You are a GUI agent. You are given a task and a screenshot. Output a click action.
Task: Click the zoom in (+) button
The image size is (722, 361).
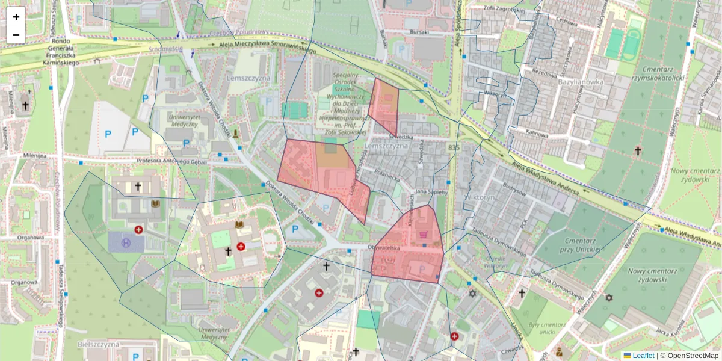pos(16,17)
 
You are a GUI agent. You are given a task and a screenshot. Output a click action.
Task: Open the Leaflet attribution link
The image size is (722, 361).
pos(643,356)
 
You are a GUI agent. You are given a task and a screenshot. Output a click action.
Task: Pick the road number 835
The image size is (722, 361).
pos(454,147)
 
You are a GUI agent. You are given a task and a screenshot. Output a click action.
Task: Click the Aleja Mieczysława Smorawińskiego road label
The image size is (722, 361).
pos(259,47)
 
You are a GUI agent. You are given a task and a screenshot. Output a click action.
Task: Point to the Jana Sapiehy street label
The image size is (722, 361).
pos(431,192)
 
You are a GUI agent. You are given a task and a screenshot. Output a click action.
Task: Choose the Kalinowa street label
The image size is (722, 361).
pos(536,135)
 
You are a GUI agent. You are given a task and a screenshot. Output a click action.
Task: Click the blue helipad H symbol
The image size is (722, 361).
pos(126,243)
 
